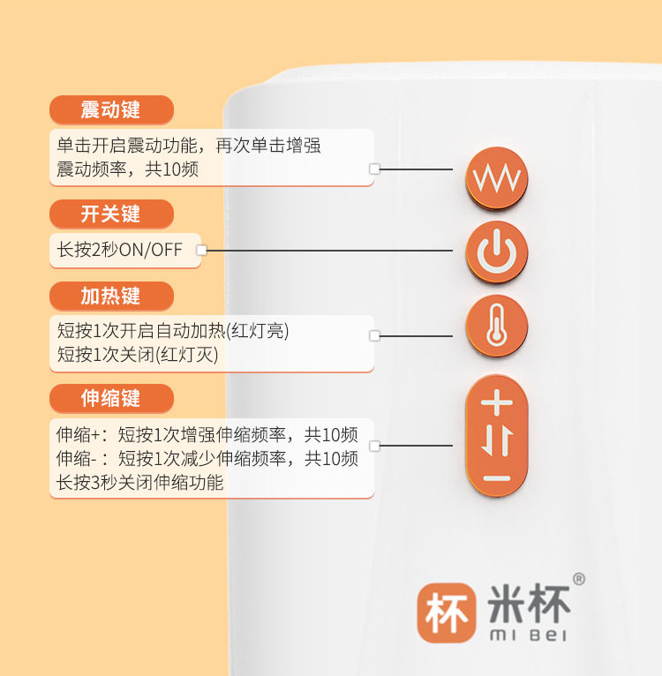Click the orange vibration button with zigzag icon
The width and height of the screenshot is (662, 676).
496,178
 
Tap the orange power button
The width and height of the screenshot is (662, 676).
496,252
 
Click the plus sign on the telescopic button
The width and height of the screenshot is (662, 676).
496,402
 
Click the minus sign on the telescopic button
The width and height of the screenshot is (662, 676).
496,478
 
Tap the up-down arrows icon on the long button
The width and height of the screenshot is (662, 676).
496,440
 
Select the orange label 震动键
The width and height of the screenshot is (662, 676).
110,110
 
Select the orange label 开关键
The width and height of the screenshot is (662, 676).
110,214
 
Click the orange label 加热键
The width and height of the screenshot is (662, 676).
110,296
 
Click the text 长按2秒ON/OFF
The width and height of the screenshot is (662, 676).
120,250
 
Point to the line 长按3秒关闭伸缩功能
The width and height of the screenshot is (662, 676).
140,483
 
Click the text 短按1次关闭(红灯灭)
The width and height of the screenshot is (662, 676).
138,355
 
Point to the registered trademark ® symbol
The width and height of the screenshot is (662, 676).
579,580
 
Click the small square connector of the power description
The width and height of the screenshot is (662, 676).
201,251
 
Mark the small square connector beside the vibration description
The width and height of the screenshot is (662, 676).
374,169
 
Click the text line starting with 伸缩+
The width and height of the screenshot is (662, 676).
207,435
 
